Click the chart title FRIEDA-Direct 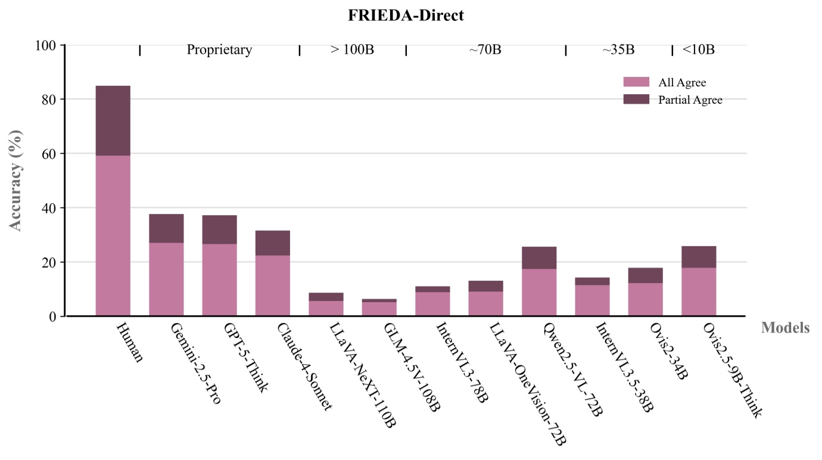coord(406,16)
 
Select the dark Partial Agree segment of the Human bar coord(113,120)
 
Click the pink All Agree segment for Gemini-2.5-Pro coord(166,279)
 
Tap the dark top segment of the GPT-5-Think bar coord(219,229)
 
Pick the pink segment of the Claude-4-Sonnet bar coord(273,285)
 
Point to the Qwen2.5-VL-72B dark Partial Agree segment coord(539,257)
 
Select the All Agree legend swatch coord(636,82)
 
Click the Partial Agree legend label coord(690,100)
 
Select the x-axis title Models coord(784,328)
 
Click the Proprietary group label coord(219,50)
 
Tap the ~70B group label coord(485,50)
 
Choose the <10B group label coord(698,50)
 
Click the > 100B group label coord(352,50)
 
